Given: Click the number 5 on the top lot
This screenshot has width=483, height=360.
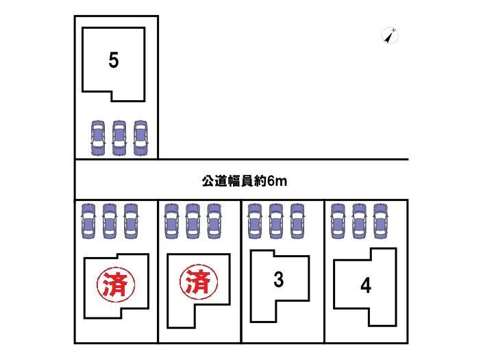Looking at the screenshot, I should [x=114, y=61].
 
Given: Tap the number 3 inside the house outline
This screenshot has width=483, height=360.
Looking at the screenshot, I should [x=279, y=280].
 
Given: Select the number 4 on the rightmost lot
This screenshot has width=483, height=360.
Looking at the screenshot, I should [x=367, y=286].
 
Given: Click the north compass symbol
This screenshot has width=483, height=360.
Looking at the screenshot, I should [x=391, y=36].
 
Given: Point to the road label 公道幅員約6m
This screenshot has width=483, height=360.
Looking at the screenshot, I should [x=244, y=181].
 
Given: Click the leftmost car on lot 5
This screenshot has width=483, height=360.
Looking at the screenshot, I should [x=98, y=138].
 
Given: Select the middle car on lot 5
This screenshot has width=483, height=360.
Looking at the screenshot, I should [x=119, y=138].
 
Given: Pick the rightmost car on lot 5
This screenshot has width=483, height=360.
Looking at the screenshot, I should [x=140, y=138].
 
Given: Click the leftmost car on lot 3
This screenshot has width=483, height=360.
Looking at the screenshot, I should [x=255, y=220].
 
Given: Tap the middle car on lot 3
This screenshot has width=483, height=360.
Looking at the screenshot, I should [x=276, y=220].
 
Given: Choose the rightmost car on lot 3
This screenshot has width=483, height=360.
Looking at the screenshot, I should [x=297, y=220].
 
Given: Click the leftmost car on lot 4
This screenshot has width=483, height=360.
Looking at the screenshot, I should [x=338, y=220].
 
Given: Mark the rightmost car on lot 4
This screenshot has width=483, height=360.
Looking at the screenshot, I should [x=380, y=220].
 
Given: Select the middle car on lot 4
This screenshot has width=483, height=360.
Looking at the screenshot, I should [x=360, y=220].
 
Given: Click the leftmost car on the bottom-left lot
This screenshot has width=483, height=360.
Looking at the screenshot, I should [x=88, y=220].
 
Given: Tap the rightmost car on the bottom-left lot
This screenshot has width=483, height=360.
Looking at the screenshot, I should [x=130, y=220].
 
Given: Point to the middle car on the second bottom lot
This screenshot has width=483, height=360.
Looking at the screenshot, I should [x=193, y=220].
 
